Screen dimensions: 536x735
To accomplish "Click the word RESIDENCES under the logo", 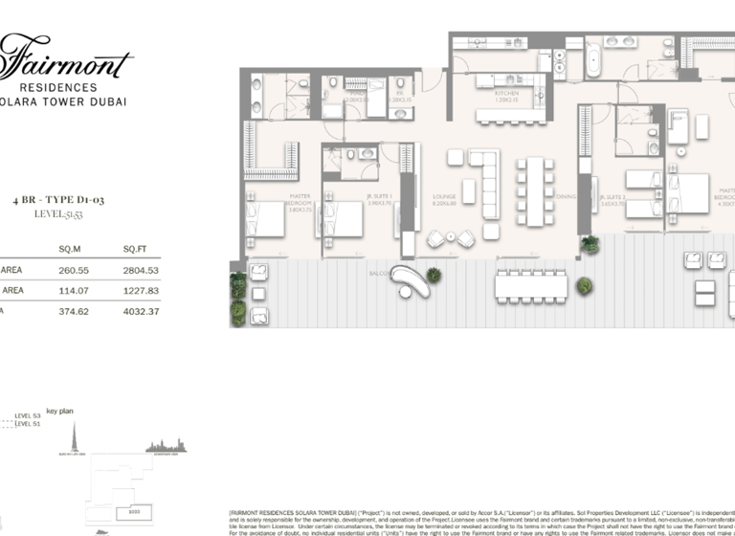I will point(65,87).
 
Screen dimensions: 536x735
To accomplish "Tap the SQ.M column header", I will point(69,249).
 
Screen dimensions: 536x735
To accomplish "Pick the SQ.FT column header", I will point(134,249).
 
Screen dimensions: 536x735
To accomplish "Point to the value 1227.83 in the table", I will point(140,290).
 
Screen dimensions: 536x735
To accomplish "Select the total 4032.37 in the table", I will point(140,311).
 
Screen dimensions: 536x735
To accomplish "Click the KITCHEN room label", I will point(507,94).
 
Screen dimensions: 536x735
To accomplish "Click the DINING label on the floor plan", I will point(566,195).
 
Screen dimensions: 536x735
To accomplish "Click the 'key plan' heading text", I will point(59,411).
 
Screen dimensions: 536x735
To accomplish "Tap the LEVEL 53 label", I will point(29,416).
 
